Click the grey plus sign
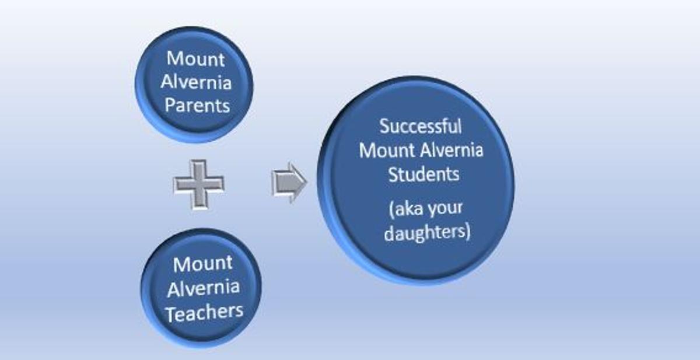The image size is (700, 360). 199,184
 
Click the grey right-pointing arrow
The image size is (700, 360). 289,183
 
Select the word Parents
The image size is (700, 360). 198,105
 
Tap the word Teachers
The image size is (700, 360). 204,313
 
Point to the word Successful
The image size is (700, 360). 421,126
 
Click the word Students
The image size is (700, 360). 423,174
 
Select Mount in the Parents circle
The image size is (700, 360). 195,58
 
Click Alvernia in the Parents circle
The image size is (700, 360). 196,82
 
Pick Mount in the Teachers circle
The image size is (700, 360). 203,264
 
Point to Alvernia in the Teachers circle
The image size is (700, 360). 204,288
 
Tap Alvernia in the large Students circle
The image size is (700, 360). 452,150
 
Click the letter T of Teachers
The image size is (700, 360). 171,314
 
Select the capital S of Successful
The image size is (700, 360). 384,126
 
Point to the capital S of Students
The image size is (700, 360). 393,174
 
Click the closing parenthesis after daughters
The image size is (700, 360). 468,232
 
